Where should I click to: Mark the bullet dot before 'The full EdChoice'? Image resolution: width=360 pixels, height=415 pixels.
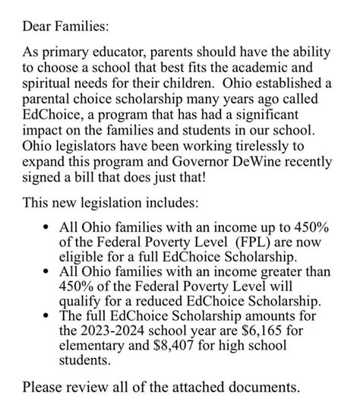pos(48,318)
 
